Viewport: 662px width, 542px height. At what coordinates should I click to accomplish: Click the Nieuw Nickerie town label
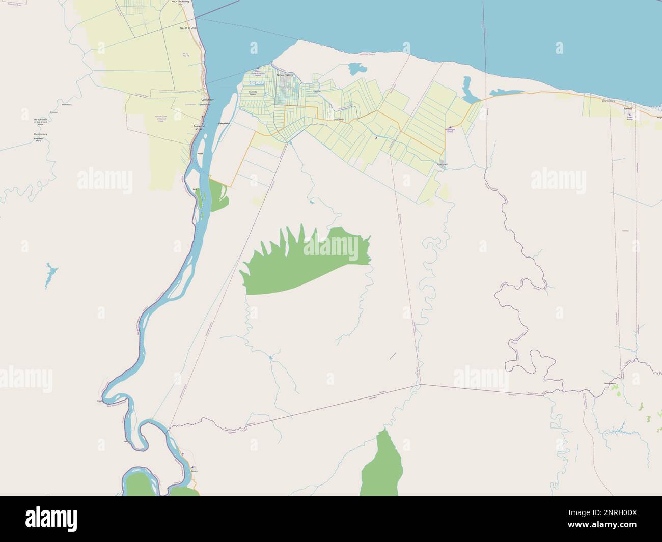[x=286, y=75]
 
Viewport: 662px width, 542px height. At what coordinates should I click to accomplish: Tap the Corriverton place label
[x=208, y=100]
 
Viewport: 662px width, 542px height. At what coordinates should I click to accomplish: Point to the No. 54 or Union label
[x=188, y=28]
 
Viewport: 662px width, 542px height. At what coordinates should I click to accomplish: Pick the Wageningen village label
[x=442, y=164]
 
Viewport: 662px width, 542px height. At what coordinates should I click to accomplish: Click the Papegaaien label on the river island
[x=225, y=123]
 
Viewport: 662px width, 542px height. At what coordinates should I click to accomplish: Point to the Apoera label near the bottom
[x=194, y=471]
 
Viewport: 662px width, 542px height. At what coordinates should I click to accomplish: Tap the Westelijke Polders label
[x=252, y=93]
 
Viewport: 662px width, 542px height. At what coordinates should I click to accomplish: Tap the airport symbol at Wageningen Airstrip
[x=450, y=127]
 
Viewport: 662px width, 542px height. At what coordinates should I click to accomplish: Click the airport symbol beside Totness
[x=629, y=115]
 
